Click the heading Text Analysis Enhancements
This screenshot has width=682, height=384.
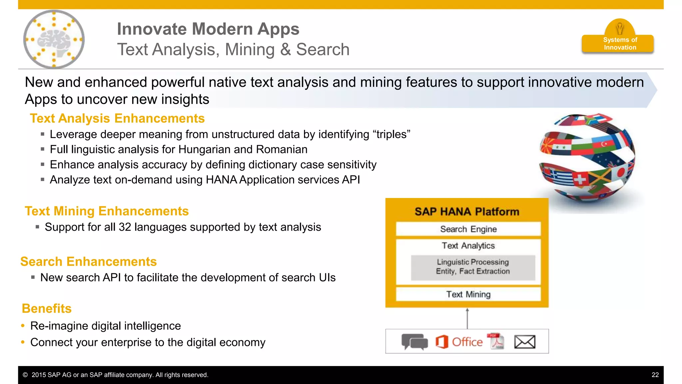click(x=117, y=119)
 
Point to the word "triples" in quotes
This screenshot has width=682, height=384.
click(x=391, y=134)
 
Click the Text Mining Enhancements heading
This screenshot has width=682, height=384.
click(x=107, y=211)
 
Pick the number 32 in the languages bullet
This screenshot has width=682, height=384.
click(x=125, y=227)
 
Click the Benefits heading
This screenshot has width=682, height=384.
click(x=47, y=309)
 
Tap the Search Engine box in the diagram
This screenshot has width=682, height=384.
click(x=468, y=229)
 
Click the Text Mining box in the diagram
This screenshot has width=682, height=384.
click(x=468, y=294)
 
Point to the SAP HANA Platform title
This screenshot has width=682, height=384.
click(x=467, y=212)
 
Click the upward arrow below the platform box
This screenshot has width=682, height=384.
click(x=467, y=318)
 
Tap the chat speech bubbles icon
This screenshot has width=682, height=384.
click(x=414, y=342)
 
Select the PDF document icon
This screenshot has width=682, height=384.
click(x=496, y=341)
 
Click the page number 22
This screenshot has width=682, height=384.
click(x=655, y=375)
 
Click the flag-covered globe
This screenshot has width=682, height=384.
click(x=587, y=158)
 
